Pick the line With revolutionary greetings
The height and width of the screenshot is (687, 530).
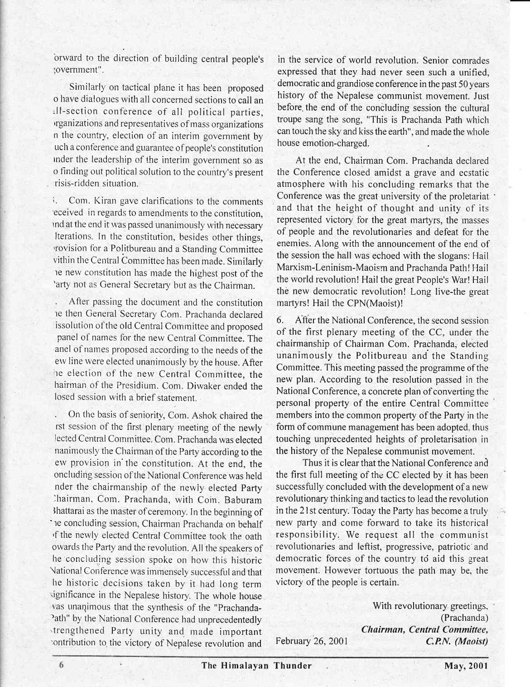(430, 607)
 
